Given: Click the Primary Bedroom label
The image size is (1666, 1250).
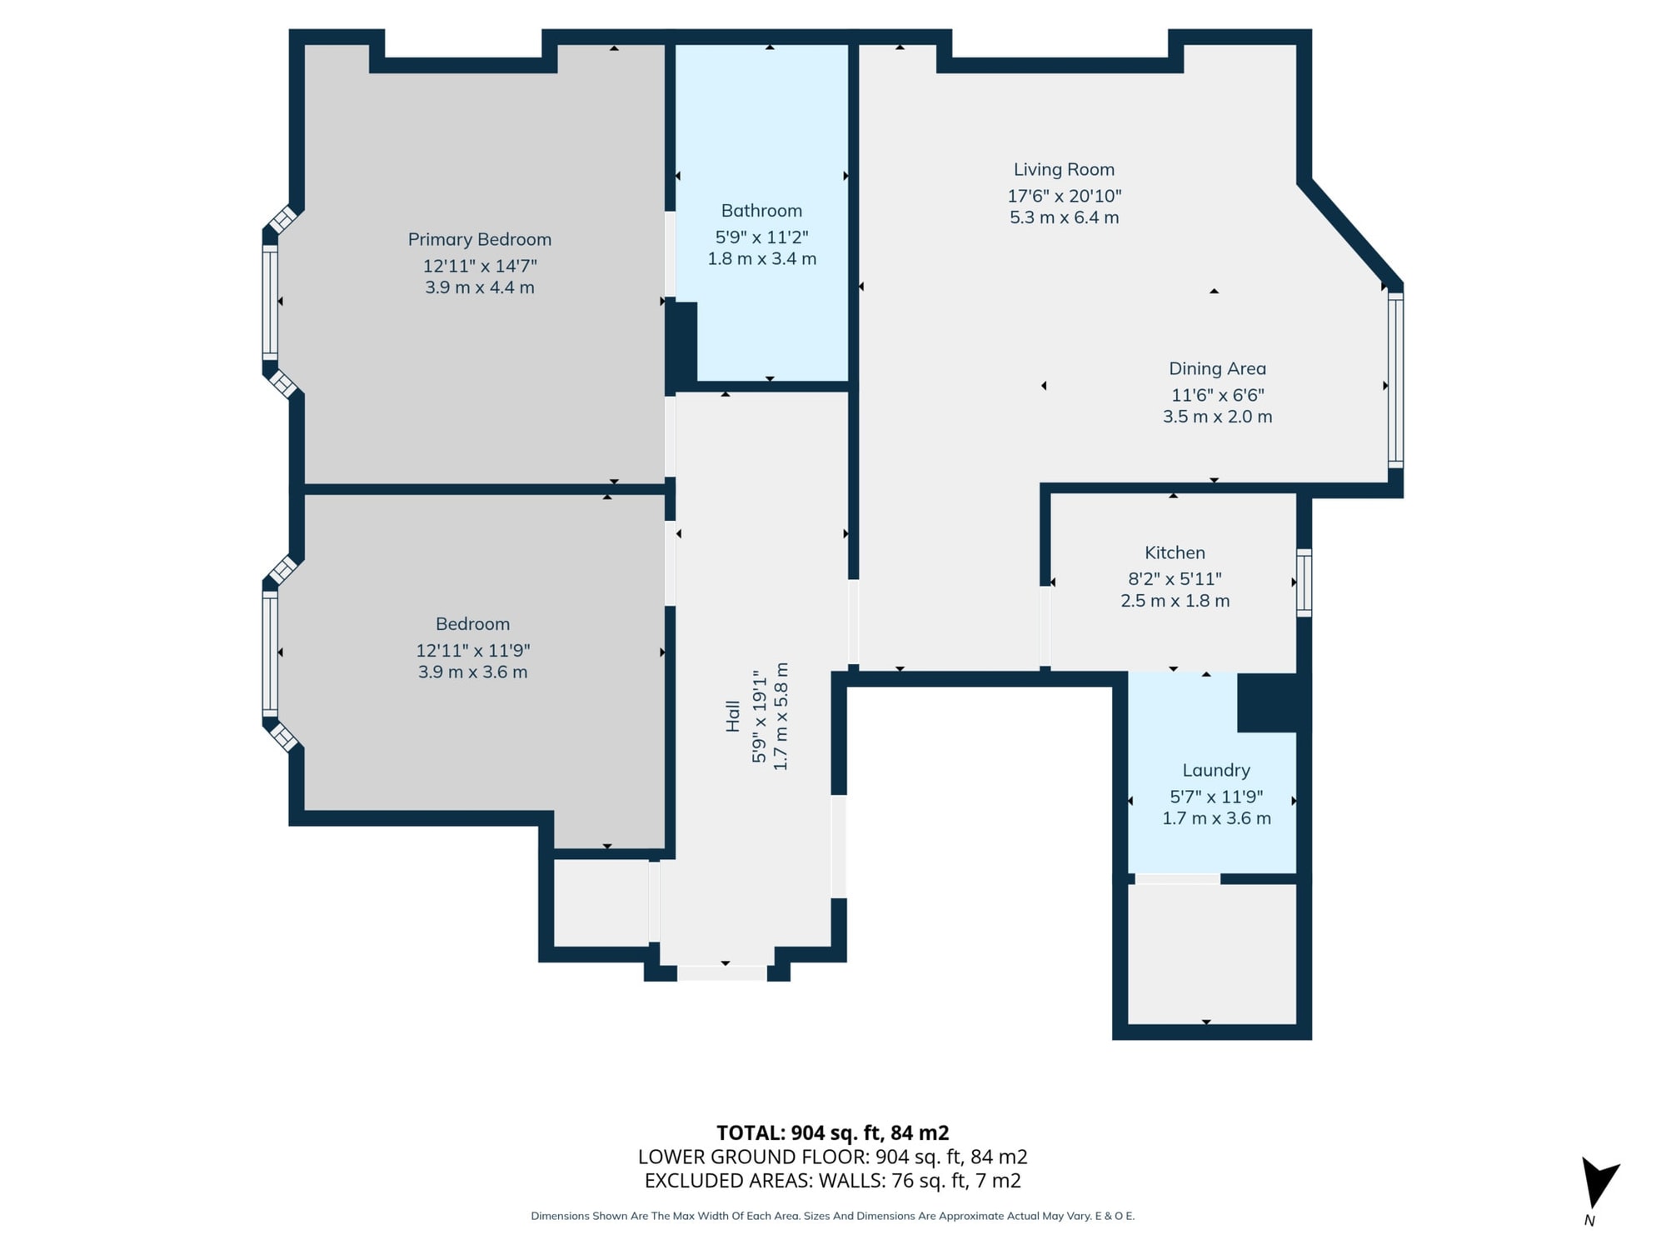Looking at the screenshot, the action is tap(480, 240).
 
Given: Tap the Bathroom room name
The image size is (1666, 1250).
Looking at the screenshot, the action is tap(761, 211).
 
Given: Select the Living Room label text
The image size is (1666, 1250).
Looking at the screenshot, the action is tap(1064, 170).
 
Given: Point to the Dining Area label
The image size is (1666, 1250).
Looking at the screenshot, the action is tap(1217, 368).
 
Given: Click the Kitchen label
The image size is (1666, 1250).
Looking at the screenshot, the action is tap(1175, 552).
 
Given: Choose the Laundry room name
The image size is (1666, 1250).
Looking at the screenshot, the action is tap(1216, 771).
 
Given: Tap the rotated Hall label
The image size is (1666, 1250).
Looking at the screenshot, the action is tap(733, 716).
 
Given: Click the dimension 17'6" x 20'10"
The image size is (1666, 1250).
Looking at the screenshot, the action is tap(1064, 196).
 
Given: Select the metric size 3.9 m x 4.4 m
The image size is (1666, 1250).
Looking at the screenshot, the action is tap(480, 287).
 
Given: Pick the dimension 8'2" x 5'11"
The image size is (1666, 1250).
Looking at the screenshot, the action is tap(1175, 578).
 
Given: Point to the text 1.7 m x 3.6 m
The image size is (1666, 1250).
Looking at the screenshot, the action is tap(1216, 818).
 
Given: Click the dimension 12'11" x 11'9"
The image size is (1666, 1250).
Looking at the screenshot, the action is tap(472, 651).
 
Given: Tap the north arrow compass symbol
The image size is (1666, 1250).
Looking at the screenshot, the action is tap(1598, 1182).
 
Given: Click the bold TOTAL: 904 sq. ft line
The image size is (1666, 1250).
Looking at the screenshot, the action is tap(832, 1133).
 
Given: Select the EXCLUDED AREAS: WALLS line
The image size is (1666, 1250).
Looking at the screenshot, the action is tap(832, 1181).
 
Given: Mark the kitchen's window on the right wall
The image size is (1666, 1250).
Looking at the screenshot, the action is tap(1304, 582).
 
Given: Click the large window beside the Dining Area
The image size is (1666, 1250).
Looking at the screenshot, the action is tap(1395, 379).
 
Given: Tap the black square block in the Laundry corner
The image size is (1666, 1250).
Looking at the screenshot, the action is tap(1267, 702).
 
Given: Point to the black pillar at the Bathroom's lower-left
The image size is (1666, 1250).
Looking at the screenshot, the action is tap(681, 345).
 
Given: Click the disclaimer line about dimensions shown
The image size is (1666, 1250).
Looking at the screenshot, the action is tap(832, 1216).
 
